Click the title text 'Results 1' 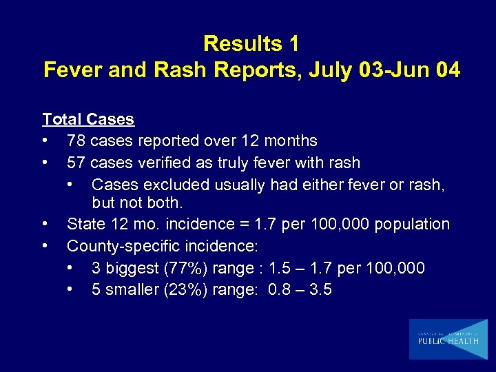click(x=251, y=44)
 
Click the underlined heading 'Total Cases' click(x=88, y=119)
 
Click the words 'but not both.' click(x=138, y=204)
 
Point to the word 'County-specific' click(x=121, y=246)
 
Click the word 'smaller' click(x=132, y=290)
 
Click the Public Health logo click(x=447, y=339)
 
